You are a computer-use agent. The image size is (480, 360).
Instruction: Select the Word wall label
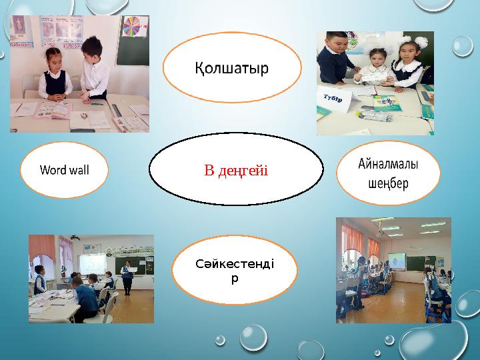(64, 170)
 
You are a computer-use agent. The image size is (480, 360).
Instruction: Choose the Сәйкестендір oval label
(234, 270)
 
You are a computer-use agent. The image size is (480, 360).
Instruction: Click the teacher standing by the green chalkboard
(127, 277)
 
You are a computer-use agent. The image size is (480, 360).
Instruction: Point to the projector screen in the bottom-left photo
(93, 257)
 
